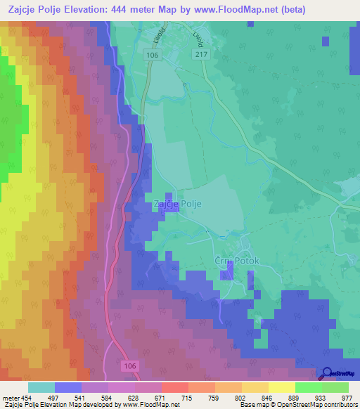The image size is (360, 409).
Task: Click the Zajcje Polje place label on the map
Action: (177, 204)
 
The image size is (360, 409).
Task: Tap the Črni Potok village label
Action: (237, 261)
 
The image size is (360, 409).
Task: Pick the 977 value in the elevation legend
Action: (347, 398)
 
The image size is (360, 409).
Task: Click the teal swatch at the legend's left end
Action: (41, 387)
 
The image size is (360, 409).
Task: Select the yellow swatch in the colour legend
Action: (281, 387)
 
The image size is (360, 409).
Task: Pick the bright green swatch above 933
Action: (308, 387)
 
